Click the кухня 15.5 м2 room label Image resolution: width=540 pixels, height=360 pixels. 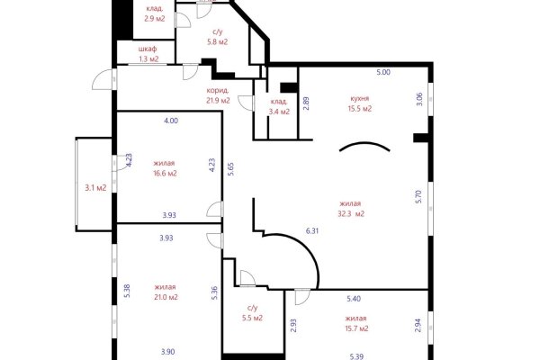[360, 103]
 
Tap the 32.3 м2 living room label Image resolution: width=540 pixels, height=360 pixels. [351, 209]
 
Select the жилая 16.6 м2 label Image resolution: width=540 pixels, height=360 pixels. [165, 168]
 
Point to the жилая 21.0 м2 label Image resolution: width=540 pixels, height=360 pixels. [166, 292]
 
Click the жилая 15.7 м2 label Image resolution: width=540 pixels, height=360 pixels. [356, 323]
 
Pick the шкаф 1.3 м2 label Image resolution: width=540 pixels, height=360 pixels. [148, 54]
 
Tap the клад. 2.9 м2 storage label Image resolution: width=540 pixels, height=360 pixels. [155, 13]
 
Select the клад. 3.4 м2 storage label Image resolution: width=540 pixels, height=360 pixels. [279, 107]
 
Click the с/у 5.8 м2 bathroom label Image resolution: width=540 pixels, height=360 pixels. [217, 37]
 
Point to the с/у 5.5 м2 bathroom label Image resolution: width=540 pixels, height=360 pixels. [252, 313]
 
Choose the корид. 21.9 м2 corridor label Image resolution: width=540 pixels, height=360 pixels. [218, 95]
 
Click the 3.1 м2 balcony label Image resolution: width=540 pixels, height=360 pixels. [95, 188]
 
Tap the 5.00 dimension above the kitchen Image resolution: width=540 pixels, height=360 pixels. [383, 72]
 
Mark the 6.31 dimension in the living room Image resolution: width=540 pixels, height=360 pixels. [312, 230]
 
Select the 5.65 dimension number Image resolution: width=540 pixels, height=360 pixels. [231, 169]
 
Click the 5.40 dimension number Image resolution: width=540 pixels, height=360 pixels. [354, 299]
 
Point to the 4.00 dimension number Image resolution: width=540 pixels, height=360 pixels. [171, 121]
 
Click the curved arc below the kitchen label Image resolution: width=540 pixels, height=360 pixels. [364, 146]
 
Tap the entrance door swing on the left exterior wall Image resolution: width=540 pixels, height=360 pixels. [103, 79]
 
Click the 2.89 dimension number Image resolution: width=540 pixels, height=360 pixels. [306, 103]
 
